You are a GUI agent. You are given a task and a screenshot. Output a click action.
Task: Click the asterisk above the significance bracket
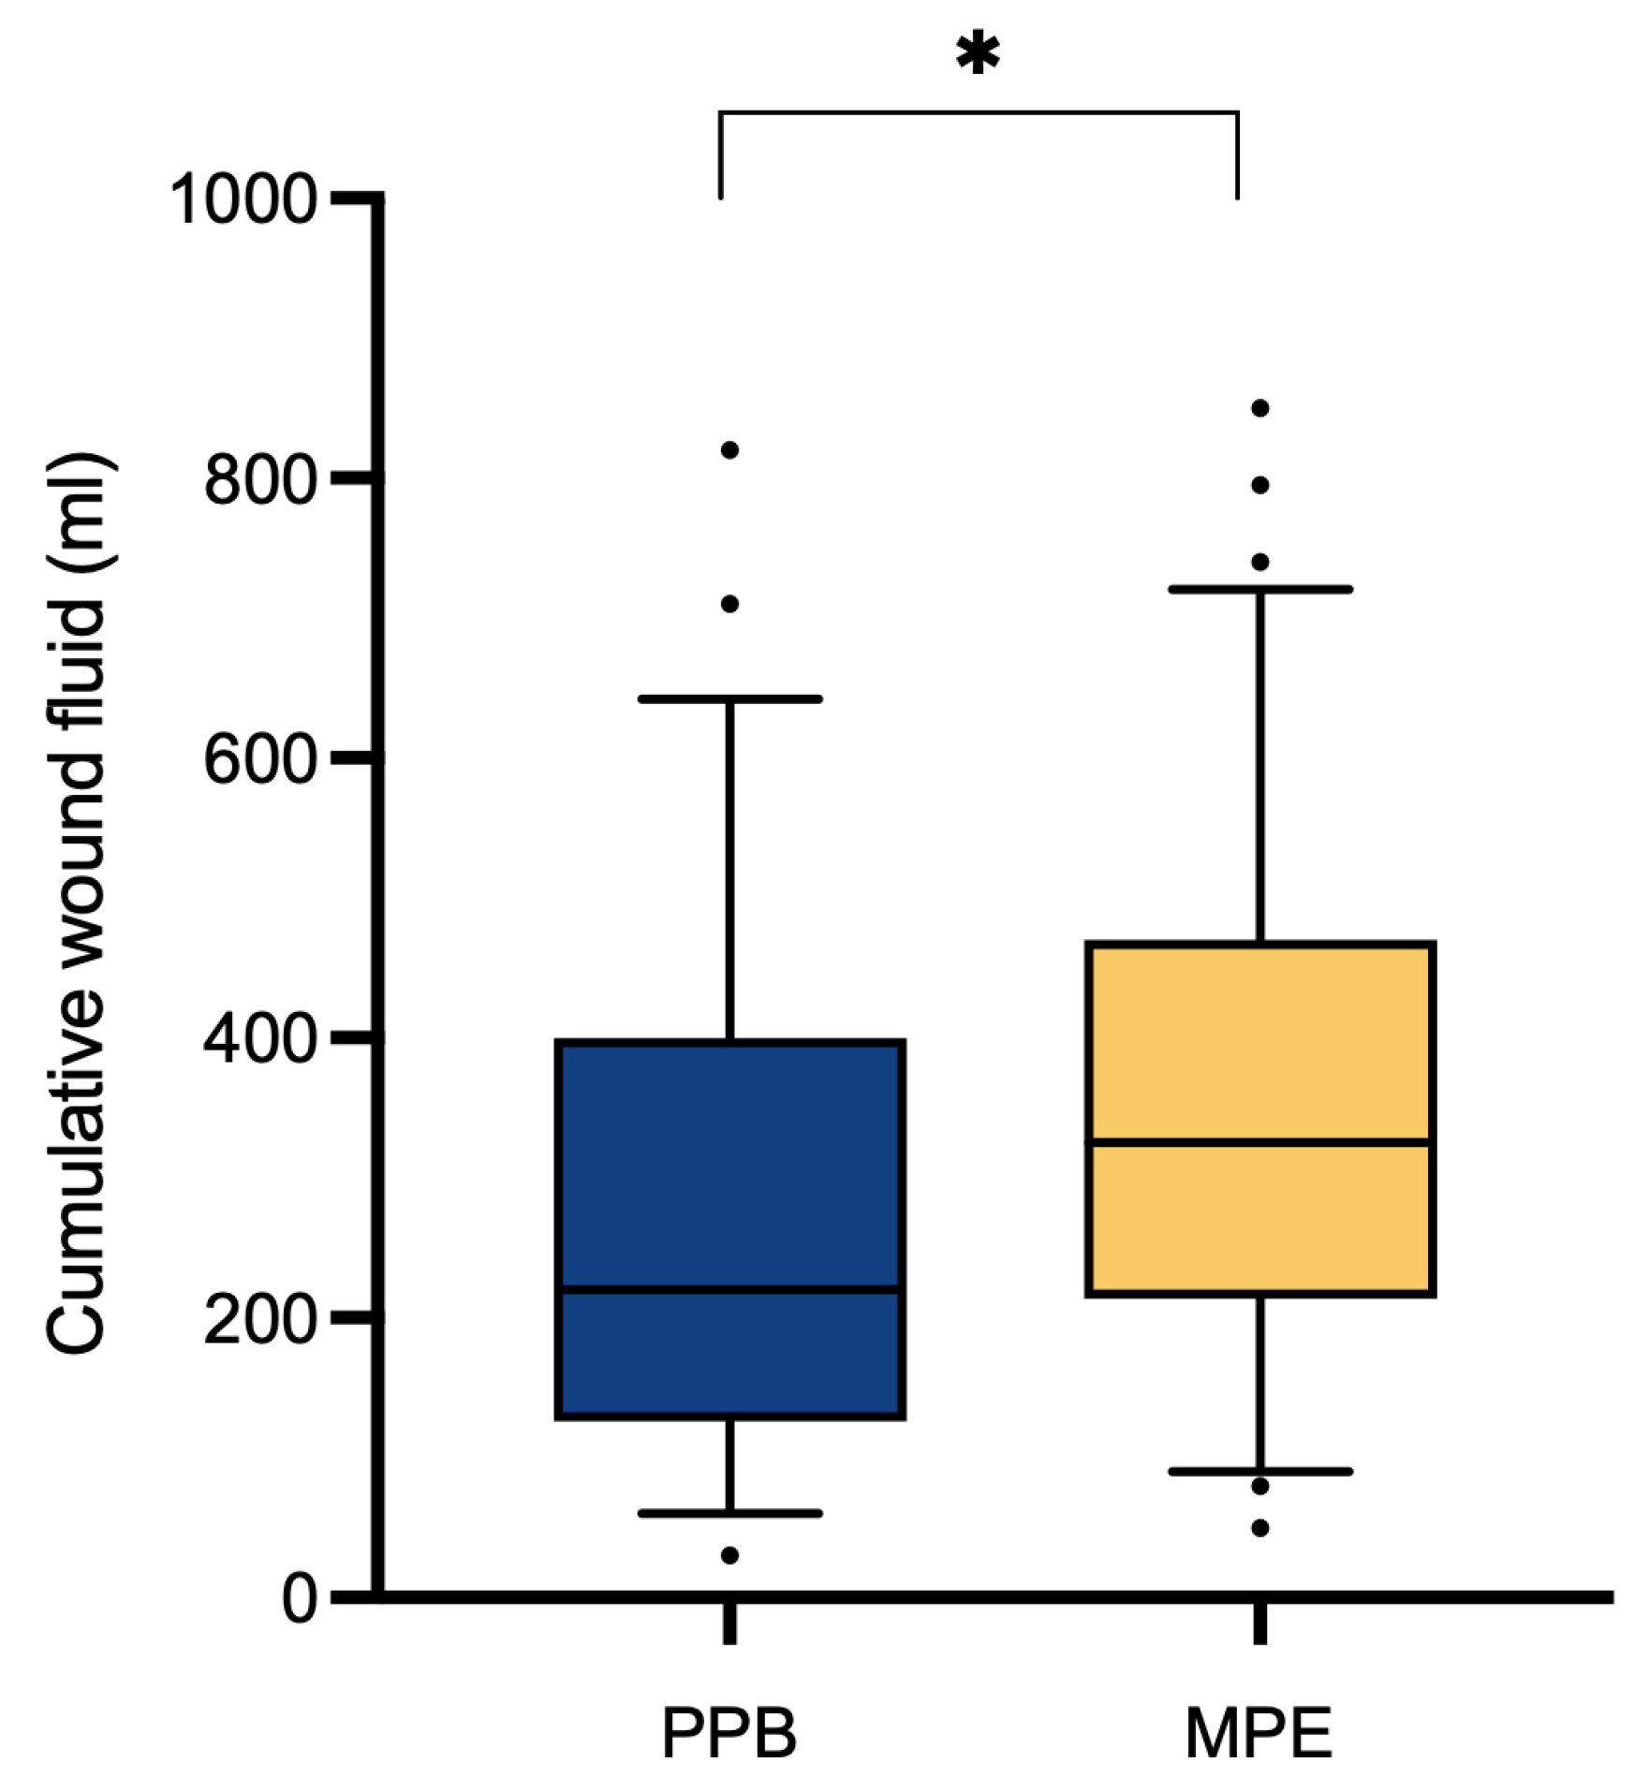pyautogui.click(x=978, y=53)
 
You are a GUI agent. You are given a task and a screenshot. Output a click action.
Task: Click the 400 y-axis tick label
pyautogui.click(x=259, y=1038)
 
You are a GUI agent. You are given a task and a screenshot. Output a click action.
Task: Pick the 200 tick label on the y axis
pyautogui.click(x=259, y=1319)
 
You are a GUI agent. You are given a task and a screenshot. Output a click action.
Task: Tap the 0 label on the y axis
pyautogui.click(x=300, y=1599)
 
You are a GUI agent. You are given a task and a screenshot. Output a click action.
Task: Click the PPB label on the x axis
pyautogui.click(x=729, y=1734)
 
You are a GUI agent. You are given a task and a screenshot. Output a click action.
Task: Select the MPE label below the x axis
pyautogui.click(x=1259, y=1734)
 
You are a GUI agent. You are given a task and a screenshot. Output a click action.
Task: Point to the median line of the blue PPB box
pyautogui.click(x=729, y=1290)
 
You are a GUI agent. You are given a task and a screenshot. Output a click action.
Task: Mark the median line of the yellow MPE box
pyautogui.click(x=1259, y=1142)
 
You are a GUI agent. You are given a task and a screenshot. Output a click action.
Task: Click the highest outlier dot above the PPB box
pyautogui.click(x=729, y=450)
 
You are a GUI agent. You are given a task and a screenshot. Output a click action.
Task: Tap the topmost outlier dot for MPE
pyautogui.click(x=1260, y=408)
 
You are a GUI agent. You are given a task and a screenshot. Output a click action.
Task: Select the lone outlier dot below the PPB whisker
pyautogui.click(x=729, y=1555)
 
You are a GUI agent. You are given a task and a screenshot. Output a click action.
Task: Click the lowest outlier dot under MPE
pyautogui.click(x=1260, y=1528)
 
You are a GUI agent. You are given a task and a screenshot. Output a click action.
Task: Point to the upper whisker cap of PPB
pyautogui.click(x=729, y=699)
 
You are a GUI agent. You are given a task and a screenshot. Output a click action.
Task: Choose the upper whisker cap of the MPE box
pyautogui.click(x=1260, y=589)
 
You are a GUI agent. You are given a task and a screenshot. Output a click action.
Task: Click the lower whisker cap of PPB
pyautogui.click(x=729, y=1513)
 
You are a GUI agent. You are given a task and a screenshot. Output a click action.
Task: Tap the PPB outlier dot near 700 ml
pyautogui.click(x=729, y=604)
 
